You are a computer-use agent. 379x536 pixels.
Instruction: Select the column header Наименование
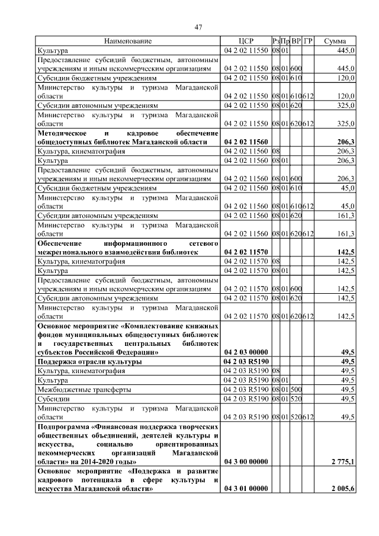128,41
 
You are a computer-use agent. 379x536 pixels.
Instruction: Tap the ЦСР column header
246,41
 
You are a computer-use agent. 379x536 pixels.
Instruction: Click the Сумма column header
336,41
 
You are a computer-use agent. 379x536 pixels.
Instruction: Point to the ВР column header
296,41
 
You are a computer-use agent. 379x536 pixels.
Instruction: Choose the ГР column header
307,41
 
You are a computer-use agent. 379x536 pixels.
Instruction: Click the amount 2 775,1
343,461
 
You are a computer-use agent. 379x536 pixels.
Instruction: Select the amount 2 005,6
343,489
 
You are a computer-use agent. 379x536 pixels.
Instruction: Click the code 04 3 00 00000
246,461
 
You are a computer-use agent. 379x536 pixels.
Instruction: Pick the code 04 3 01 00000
246,489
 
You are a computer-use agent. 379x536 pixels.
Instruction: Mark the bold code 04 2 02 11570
246,252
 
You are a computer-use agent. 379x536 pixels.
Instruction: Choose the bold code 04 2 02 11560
246,142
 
